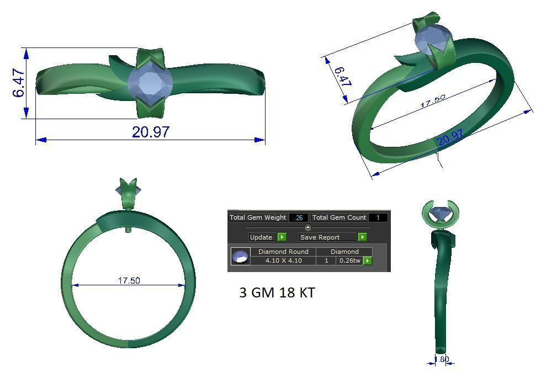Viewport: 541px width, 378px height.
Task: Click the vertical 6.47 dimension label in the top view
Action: [x=18, y=83]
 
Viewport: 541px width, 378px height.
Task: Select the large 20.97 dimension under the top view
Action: [x=150, y=132]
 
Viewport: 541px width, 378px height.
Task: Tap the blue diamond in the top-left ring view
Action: [x=150, y=83]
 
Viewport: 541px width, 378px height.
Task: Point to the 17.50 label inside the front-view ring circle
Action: [x=129, y=280]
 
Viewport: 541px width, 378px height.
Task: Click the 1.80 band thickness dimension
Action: [x=441, y=359]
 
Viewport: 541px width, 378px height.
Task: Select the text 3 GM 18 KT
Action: [x=277, y=292]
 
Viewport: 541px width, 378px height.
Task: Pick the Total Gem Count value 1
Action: [x=378, y=217]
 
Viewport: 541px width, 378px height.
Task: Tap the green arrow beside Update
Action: [x=282, y=237]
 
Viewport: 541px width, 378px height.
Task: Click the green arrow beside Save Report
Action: [x=362, y=237]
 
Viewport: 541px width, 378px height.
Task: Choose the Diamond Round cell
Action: [x=283, y=252]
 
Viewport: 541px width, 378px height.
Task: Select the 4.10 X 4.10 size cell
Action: [x=283, y=260]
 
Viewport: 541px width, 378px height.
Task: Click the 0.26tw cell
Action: [x=349, y=260]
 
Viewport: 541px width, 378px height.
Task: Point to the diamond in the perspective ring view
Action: [x=432, y=42]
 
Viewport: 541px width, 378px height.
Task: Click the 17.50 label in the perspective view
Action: [x=433, y=101]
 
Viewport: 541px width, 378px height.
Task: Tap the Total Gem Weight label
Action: [x=258, y=217]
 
